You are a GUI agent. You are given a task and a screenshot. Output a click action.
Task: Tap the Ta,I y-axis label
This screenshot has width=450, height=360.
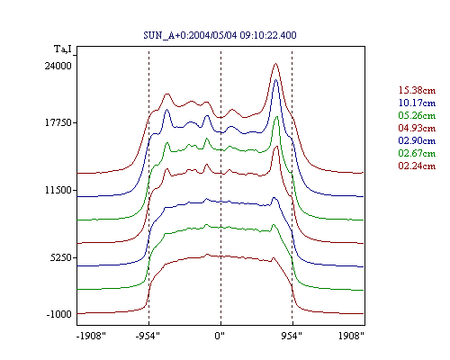point(63,49)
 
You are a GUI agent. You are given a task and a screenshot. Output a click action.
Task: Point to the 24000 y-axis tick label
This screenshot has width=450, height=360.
point(58,66)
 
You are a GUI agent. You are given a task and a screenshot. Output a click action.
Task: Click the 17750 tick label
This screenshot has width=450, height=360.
point(58,122)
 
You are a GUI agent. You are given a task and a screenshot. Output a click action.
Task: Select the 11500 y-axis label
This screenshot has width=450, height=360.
point(58,190)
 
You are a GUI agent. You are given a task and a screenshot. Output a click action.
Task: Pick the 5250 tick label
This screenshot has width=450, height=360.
point(61,257)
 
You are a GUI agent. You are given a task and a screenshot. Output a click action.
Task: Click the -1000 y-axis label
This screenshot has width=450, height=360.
point(59,314)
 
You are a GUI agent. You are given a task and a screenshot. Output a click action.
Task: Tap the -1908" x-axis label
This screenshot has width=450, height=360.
point(91,336)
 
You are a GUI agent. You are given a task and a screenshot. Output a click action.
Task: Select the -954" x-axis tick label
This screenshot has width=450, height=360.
point(148,336)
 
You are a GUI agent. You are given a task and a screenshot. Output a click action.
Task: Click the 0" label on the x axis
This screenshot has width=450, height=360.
point(220,336)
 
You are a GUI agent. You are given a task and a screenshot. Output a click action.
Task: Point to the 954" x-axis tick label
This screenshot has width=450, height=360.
point(292,336)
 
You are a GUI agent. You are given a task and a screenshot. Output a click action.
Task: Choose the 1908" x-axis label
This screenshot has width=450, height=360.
point(351,336)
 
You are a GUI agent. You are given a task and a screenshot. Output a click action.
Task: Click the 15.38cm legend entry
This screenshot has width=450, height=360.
point(417,90)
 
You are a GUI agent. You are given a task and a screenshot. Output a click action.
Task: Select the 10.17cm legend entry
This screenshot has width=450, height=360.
point(417,103)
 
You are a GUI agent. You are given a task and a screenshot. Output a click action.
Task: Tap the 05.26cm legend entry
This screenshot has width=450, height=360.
point(417,115)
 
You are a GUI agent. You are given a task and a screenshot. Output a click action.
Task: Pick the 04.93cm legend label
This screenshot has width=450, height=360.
point(417,128)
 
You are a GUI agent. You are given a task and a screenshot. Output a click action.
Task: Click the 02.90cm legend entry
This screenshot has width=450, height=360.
point(417,140)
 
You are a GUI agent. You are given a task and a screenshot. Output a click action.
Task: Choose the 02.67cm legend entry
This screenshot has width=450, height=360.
point(417,153)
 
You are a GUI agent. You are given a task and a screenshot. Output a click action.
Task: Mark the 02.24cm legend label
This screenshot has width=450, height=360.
point(417,166)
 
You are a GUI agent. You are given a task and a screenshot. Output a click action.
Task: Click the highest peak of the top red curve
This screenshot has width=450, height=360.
point(275,64)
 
